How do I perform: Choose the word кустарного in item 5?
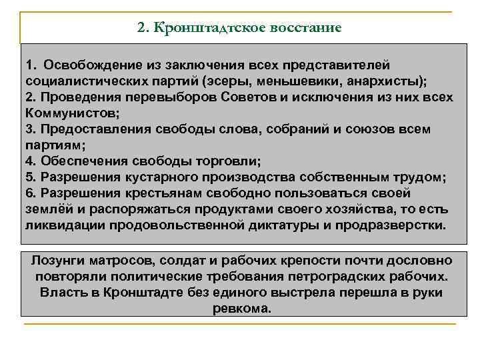[x=155, y=177]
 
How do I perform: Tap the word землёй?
[x=47, y=209]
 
